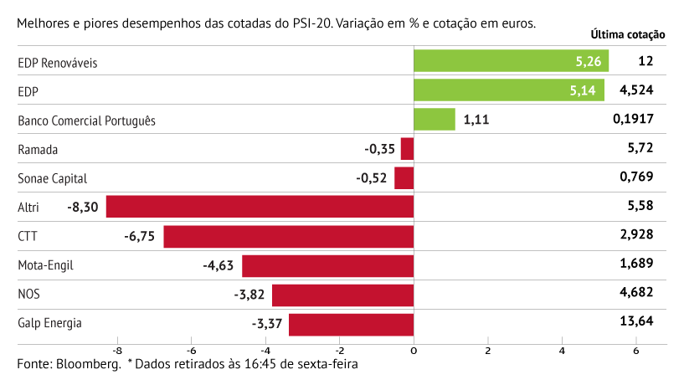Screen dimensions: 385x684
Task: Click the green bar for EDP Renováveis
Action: [511, 61]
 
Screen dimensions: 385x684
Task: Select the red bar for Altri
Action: [260, 207]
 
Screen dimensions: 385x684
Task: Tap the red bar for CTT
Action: [288, 236]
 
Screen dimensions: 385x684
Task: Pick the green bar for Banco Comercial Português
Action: [435, 120]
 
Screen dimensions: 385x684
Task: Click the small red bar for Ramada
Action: [407, 149]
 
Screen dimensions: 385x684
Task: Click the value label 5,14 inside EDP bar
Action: [582, 90]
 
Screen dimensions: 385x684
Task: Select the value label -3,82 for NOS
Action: [249, 295]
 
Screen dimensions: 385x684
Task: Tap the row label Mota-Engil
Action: [46, 265]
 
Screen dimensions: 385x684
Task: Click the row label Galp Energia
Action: [50, 323]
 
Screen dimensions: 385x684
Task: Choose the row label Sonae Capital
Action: [52, 178]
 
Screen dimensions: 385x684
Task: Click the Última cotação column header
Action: [628, 35]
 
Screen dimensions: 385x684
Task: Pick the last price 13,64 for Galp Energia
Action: [637, 323]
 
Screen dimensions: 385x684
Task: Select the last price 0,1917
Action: [633, 120]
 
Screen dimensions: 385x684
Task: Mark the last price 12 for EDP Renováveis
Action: [645, 61]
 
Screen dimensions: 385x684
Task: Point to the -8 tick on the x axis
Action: [116, 351]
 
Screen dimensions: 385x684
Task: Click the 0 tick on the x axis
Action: [414, 351]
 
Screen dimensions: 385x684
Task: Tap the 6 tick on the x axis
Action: [636, 351]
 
